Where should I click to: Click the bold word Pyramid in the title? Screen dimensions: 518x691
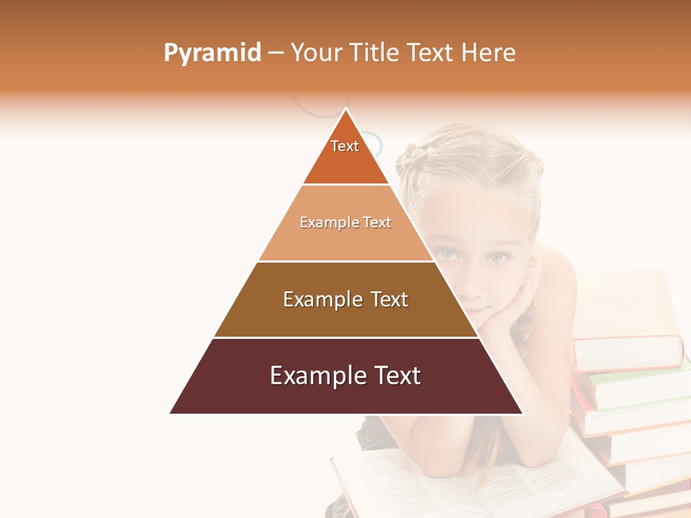point(212,53)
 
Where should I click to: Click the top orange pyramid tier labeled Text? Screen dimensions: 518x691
point(345,155)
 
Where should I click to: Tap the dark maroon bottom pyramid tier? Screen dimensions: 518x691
point(345,385)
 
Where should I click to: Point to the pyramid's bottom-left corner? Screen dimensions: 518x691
point(171,413)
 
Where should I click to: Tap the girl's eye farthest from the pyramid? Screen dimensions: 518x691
point(498,257)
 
